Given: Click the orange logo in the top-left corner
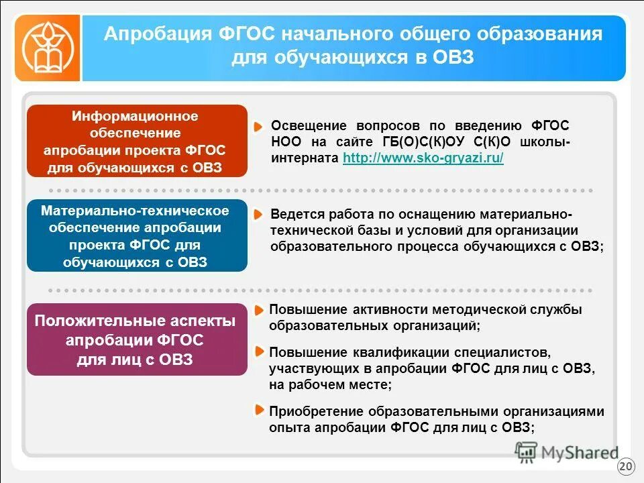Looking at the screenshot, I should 46,48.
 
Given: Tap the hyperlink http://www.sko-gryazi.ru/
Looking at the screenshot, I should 423,158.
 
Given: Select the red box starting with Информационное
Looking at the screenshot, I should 137,142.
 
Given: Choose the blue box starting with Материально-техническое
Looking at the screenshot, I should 137,236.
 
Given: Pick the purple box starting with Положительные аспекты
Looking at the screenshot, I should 137,340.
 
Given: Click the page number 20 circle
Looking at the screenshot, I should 625,466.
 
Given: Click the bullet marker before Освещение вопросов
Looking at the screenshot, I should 258,126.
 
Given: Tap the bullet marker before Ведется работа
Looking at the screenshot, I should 258,215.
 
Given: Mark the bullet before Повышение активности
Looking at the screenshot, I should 258,310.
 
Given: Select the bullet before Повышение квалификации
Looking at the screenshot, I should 258,352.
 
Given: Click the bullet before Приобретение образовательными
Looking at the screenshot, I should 258,411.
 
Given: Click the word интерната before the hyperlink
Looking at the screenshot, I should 305,158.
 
